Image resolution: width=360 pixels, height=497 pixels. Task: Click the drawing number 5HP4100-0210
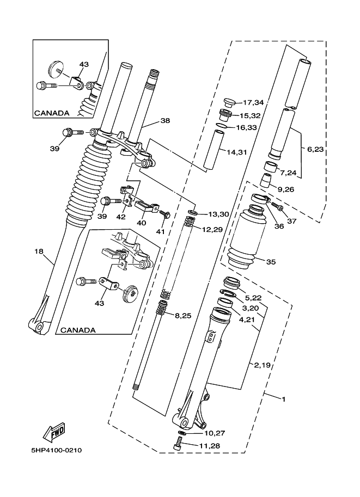(57, 450)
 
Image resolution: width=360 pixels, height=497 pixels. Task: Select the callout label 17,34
(253, 102)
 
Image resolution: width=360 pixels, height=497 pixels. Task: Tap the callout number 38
(165, 120)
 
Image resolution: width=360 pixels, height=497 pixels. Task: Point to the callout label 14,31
(236, 152)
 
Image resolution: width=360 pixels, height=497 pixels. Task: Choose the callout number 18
(39, 251)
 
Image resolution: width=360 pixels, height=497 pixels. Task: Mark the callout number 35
(271, 262)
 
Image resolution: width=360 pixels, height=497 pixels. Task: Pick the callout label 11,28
(209, 446)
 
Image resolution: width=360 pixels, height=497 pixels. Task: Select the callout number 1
(284, 400)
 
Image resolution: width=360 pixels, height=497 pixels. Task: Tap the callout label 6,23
(315, 149)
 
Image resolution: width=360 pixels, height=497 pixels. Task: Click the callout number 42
(121, 217)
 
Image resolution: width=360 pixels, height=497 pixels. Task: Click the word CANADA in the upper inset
(52, 113)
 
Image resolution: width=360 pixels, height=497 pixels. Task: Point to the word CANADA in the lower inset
(78, 330)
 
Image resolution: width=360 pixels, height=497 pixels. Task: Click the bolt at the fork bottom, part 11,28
(179, 443)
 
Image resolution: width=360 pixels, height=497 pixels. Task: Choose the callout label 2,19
(262, 365)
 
